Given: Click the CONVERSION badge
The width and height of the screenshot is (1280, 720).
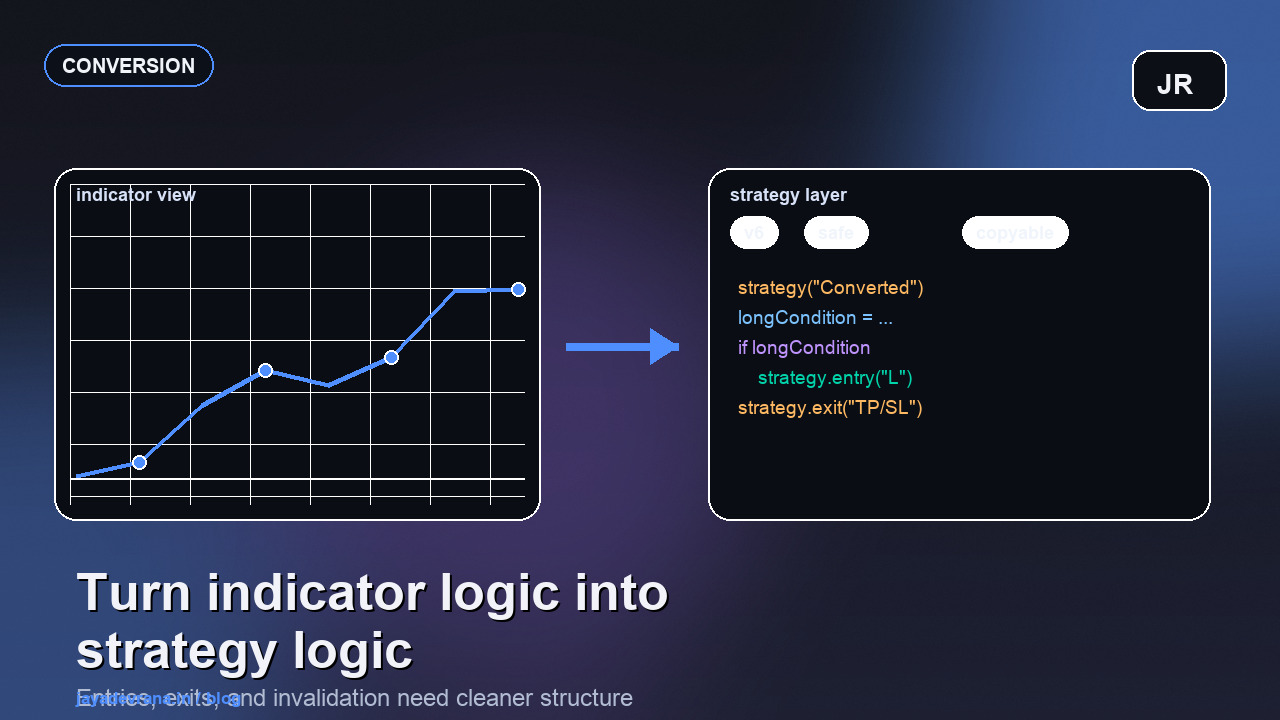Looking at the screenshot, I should [128, 66].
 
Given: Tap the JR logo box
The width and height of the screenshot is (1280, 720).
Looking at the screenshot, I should [1178, 82].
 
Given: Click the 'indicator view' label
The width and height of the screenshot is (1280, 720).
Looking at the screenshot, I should [136, 195].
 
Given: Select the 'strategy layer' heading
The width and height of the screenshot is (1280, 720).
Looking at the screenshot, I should [788, 195].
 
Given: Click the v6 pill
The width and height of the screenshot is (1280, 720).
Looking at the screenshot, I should [754, 233].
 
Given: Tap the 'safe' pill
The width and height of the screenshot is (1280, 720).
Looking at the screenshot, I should [836, 233].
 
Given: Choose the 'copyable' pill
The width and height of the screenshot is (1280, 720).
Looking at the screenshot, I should [1014, 233].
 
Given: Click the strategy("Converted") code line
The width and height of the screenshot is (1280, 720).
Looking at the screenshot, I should [830, 288].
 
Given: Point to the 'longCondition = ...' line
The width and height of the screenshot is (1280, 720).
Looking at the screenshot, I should [815, 318].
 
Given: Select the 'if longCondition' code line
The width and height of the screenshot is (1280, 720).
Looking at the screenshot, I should [804, 348].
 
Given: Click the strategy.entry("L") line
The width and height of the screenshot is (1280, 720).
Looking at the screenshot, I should [835, 378].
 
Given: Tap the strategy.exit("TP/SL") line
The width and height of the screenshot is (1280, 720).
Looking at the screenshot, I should [830, 408].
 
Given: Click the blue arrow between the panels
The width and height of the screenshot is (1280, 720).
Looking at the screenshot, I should [622, 347].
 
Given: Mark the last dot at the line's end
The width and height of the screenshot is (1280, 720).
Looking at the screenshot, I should [518, 289].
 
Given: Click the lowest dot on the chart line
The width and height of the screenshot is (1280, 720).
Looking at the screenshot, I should [139, 462].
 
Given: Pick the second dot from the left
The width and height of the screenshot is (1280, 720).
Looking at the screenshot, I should [265, 370].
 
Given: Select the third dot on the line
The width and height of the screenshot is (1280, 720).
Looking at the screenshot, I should [391, 357].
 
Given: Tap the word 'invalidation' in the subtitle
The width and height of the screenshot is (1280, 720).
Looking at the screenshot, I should [331, 698].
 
